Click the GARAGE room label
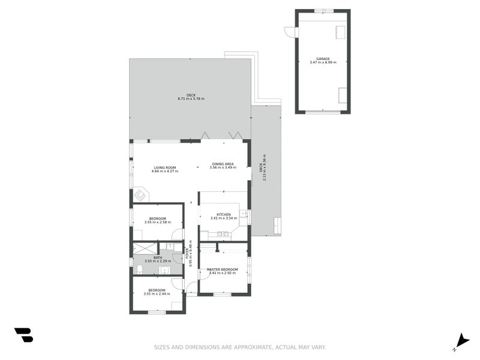click(x=323, y=59)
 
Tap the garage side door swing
click(x=290, y=32)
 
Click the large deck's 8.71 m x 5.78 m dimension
click(x=191, y=98)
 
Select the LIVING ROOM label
click(x=164, y=167)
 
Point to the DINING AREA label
click(x=223, y=164)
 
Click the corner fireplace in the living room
click(x=141, y=195)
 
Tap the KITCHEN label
click(x=223, y=214)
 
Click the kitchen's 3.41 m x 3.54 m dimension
click(x=223, y=218)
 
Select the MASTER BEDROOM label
click(x=222, y=269)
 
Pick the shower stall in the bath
click(x=145, y=247)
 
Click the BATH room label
click(x=158, y=257)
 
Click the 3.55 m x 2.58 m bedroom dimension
click(x=157, y=222)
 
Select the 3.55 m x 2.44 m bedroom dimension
click(x=157, y=294)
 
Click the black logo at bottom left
click(x=23, y=335)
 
